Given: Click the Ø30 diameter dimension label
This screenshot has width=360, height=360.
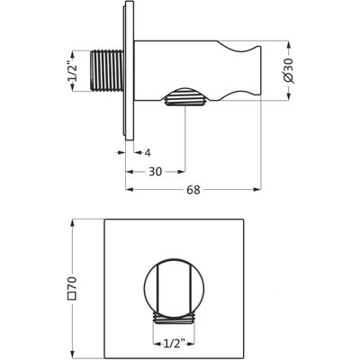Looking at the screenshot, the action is [x=289, y=70].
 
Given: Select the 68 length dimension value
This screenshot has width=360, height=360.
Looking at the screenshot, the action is [x=193, y=190].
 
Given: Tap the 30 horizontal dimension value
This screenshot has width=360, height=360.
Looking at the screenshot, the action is [x=156, y=172].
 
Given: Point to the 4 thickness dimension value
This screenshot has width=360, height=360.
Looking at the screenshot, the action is [x=148, y=153].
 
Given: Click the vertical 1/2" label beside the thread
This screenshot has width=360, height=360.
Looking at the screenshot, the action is [x=72, y=71].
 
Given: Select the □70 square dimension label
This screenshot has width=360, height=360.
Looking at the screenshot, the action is [x=73, y=287].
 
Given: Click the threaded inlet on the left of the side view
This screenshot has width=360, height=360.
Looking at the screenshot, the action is [x=107, y=70].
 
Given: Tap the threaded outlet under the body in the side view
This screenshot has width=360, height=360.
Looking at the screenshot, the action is [x=184, y=97].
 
